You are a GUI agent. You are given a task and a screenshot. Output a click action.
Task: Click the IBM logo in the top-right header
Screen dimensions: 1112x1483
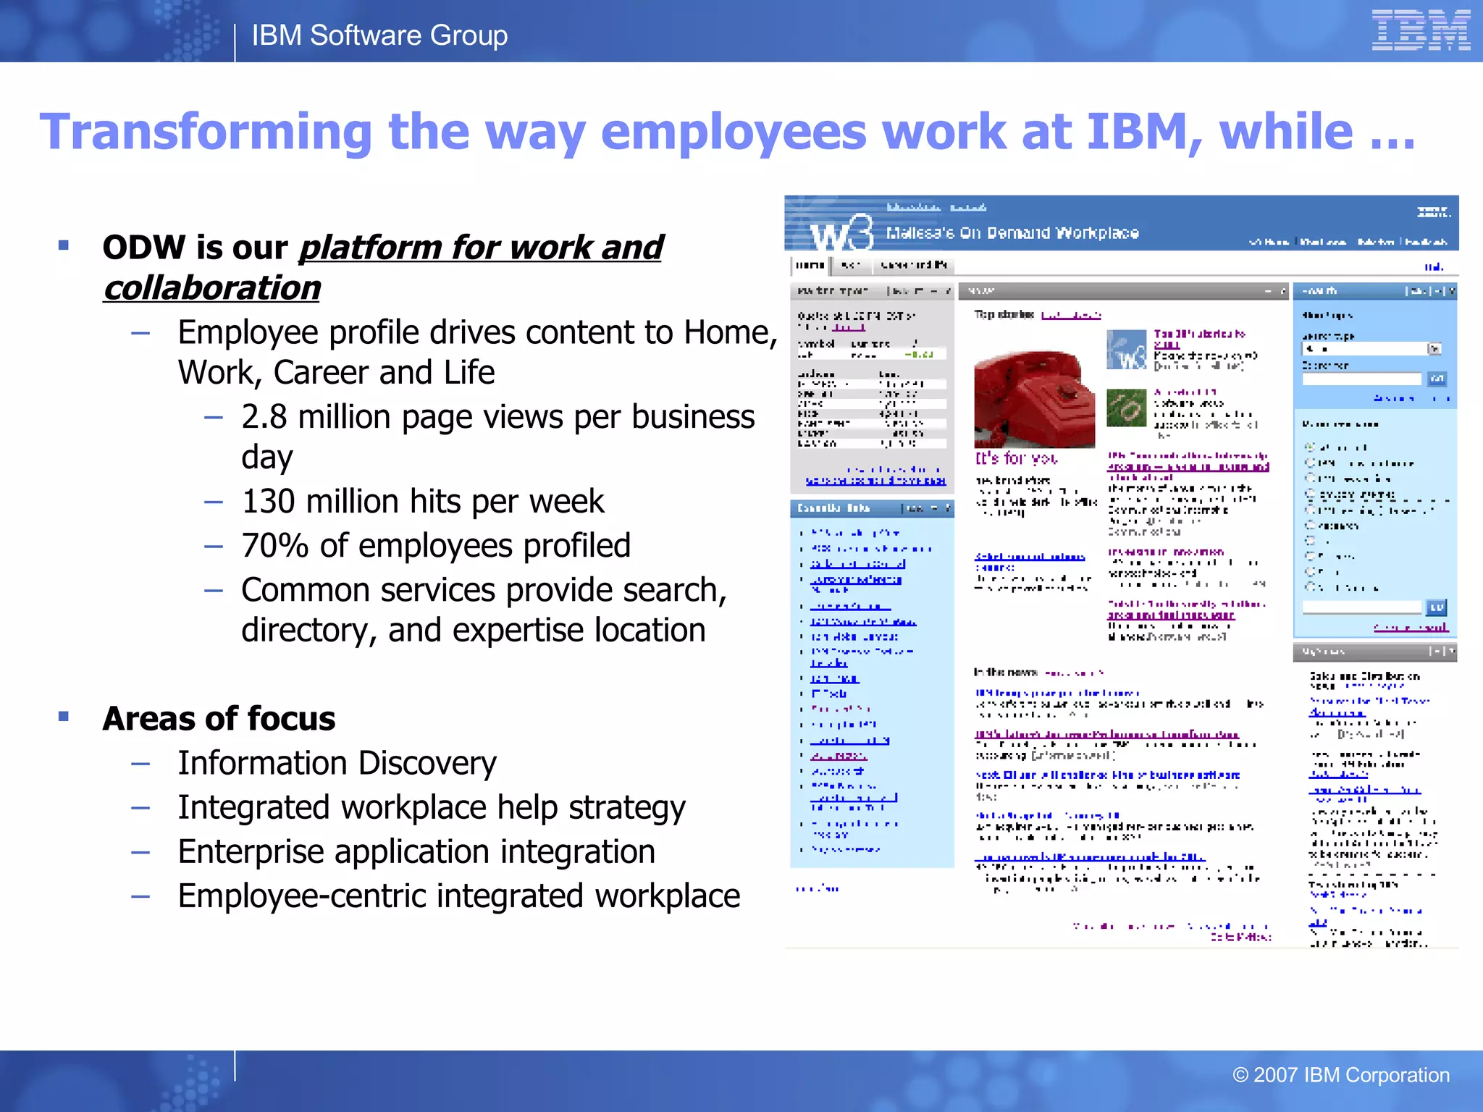pos(1420,30)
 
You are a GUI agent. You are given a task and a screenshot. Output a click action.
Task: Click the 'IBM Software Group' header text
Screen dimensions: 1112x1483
pos(379,35)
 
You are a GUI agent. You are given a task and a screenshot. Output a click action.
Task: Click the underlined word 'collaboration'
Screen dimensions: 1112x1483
pos(212,288)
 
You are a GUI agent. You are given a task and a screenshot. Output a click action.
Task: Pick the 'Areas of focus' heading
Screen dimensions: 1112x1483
pos(219,719)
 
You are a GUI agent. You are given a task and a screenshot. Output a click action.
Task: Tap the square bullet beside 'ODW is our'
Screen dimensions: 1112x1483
pos(64,245)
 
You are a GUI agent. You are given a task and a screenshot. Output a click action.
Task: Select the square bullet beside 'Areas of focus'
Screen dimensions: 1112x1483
pos(64,717)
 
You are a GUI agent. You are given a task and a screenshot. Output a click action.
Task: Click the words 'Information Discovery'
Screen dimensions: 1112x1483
pos(337,763)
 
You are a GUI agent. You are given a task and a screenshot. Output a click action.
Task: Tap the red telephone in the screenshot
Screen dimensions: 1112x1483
pos(1034,398)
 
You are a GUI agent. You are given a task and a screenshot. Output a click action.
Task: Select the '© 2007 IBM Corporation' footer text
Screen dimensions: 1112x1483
pos(1340,1075)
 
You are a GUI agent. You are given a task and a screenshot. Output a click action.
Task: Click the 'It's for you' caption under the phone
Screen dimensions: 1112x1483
pos(1016,458)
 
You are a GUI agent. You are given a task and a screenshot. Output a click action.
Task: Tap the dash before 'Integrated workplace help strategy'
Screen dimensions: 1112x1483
pos(140,807)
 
